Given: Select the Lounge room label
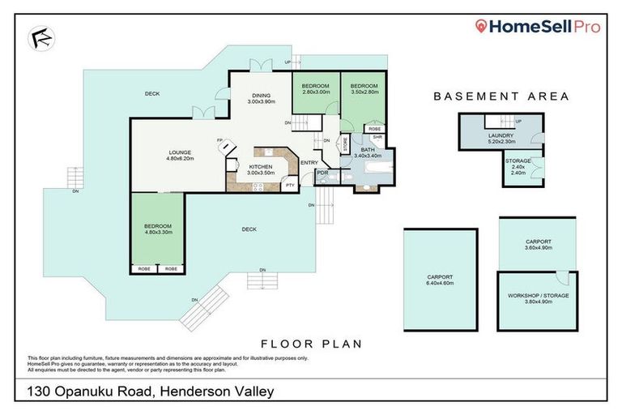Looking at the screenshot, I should pyautogui.click(x=179, y=156).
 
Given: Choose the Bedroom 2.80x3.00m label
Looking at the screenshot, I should pyautogui.click(x=316, y=89).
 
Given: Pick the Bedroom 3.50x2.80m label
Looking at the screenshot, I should pyautogui.click(x=364, y=89).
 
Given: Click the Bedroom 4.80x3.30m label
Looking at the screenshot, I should pyautogui.click(x=158, y=229).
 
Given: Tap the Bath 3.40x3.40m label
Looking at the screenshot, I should pyautogui.click(x=367, y=152).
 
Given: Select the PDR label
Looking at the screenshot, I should pyautogui.click(x=322, y=173).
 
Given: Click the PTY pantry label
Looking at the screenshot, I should pyautogui.click(x=290, y=186).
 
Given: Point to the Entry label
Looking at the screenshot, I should pyautogui.click(x=309, y=163).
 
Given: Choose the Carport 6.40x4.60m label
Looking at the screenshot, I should pyautogui.click(x=440, y=280).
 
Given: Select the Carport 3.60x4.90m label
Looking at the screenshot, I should pyautogui.click(x=538, y=245).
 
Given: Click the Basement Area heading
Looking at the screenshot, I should pyautogui.click(x=501, y=96).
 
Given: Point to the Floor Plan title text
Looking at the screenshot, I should pyautogui.click(x=310, y=344).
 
